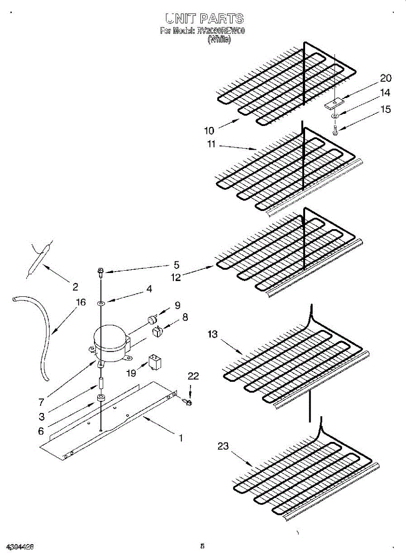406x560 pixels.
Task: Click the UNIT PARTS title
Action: (204, 19)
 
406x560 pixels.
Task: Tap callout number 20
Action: (385, 78)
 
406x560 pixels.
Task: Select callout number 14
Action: (385, 93)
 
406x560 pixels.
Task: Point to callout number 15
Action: (385, 109)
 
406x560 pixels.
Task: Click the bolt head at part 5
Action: (100, 270)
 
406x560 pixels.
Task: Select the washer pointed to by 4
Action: (100, 304)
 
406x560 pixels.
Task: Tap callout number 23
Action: (223, 446)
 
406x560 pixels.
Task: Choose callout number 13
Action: (213, 334)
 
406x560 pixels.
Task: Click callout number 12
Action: (175, 278)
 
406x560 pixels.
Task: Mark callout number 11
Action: (212, 144)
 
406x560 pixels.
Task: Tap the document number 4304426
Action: (19, 546)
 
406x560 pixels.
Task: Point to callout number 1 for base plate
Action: (180, 438)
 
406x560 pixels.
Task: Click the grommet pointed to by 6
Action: (100, 398)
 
